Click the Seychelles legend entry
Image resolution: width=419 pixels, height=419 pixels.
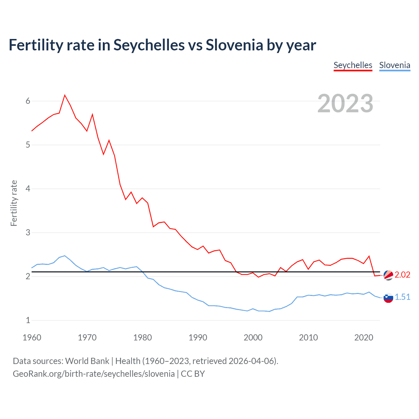(x=353, y=65)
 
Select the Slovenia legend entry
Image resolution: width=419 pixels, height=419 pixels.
(x=394, y=65)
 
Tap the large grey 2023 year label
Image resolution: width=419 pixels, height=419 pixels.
(x=345, y=103)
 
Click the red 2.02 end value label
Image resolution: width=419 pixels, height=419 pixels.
(x=402, y=275)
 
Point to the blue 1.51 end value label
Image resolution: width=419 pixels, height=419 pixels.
(x=402, y=297)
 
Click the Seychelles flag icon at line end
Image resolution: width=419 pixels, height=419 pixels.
(x=388, y=275)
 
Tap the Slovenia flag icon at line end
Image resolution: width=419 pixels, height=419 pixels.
(x=388, y=298)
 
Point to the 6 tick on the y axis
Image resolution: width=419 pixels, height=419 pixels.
(x=28, y=101)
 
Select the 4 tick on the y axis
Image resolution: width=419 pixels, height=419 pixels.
(x=28, y=189)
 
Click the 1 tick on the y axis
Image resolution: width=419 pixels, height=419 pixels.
(x=28, y=320)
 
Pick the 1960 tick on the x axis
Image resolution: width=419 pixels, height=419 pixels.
(x=32, y=337)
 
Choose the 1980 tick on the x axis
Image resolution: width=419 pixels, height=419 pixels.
(x=142, y=337)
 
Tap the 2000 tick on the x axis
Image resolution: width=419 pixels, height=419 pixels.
(x=253, y=337)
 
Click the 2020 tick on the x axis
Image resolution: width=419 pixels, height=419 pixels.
(x=364, y=337)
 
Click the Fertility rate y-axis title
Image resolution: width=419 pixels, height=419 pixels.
(x=14, y=203)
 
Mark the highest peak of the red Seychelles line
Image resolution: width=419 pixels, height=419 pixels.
(x=65, y=95)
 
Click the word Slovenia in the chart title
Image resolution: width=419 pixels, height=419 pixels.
(x=234, y=45)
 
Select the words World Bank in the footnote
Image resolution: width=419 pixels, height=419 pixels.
(x=87, y=361)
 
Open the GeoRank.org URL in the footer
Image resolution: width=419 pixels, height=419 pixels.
(x=94, y=374)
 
